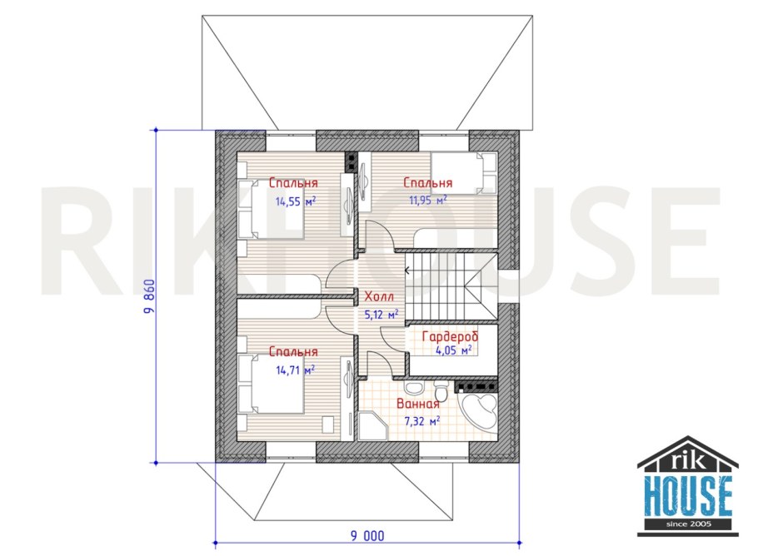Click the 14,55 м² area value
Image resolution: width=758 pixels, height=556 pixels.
click(295, 201)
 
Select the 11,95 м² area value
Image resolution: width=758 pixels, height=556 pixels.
click(428, 199)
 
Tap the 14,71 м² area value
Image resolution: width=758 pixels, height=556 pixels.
click(295, 369)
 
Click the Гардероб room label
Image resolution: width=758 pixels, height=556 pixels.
click(450, 336)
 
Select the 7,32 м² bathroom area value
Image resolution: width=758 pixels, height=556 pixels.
click(421, 421)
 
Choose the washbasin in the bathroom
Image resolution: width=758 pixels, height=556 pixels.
click(411, 389)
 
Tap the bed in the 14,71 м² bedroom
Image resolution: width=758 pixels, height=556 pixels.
click(270, 384)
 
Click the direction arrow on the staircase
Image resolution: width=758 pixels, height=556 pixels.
click(407, 271)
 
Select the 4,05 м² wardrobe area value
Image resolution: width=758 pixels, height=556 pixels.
click(453, 350)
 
